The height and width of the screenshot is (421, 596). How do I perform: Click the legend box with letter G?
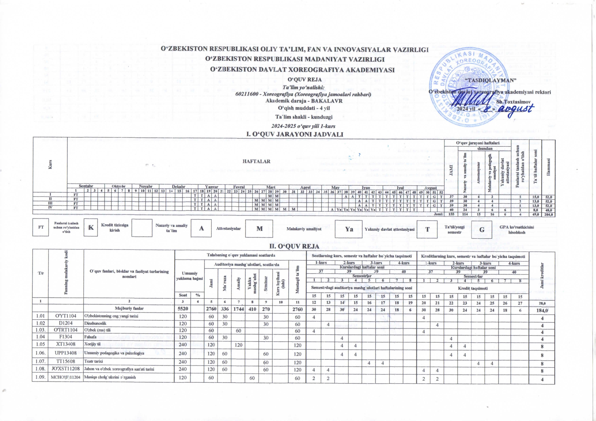point(481,229)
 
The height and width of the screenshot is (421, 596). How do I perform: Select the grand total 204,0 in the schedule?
point(548,214)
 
